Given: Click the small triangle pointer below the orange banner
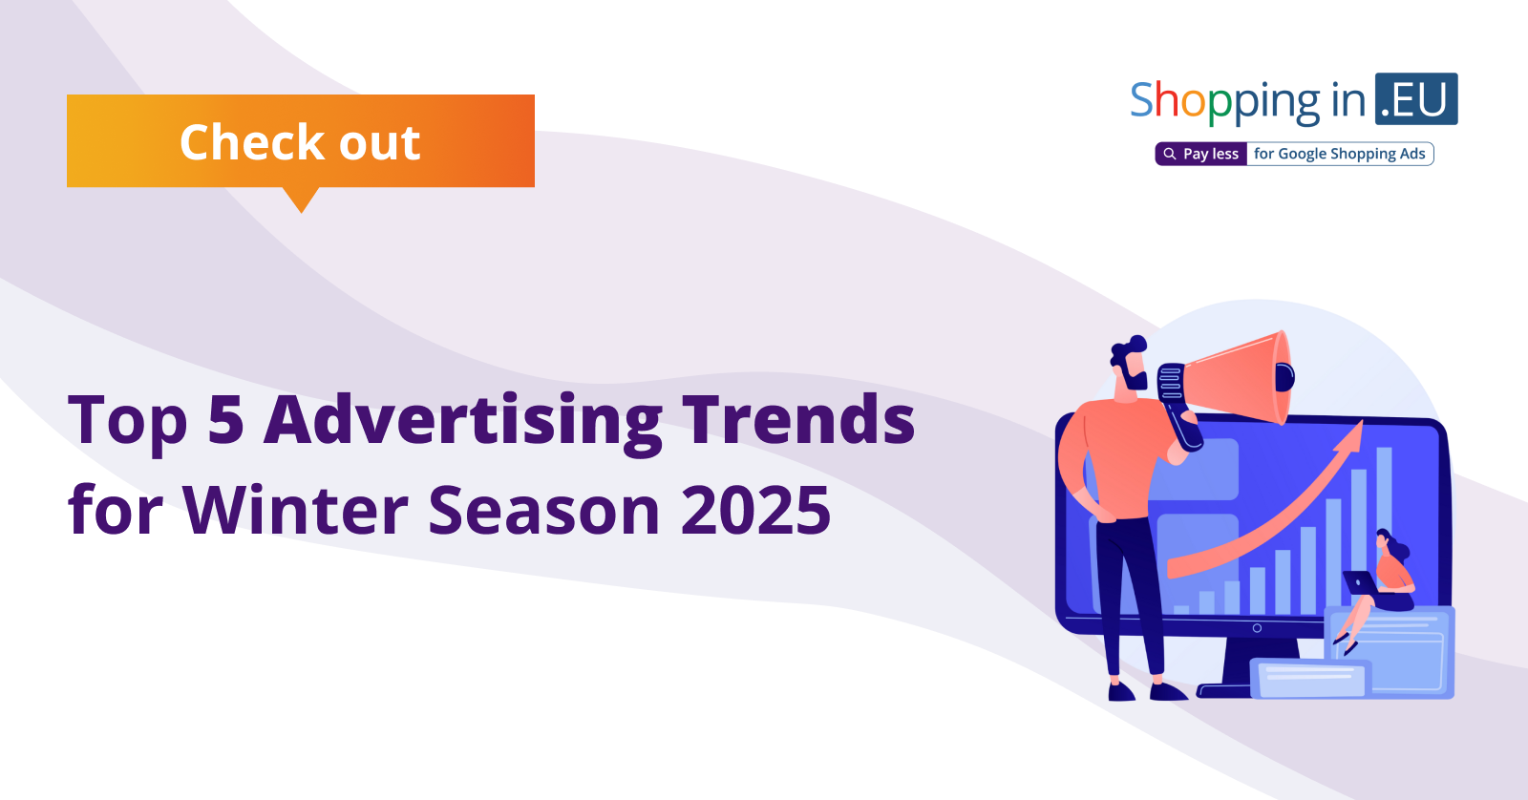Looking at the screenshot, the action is pos(301,200).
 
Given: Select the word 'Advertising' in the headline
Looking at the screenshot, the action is pos(462,420).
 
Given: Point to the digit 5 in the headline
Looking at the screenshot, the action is pos(225,418).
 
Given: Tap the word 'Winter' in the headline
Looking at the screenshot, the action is pos(295,510).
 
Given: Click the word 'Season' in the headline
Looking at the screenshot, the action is pos(543,510).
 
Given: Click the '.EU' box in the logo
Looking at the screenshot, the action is pos(1416,99).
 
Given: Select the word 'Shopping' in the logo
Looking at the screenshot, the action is pos(1225,102).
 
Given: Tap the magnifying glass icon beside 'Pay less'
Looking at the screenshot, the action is pos(1169,154).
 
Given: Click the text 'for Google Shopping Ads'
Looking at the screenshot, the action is pos(1339,154).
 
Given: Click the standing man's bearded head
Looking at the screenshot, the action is pos(1130,364).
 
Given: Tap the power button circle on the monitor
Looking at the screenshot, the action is pos(1257,628).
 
